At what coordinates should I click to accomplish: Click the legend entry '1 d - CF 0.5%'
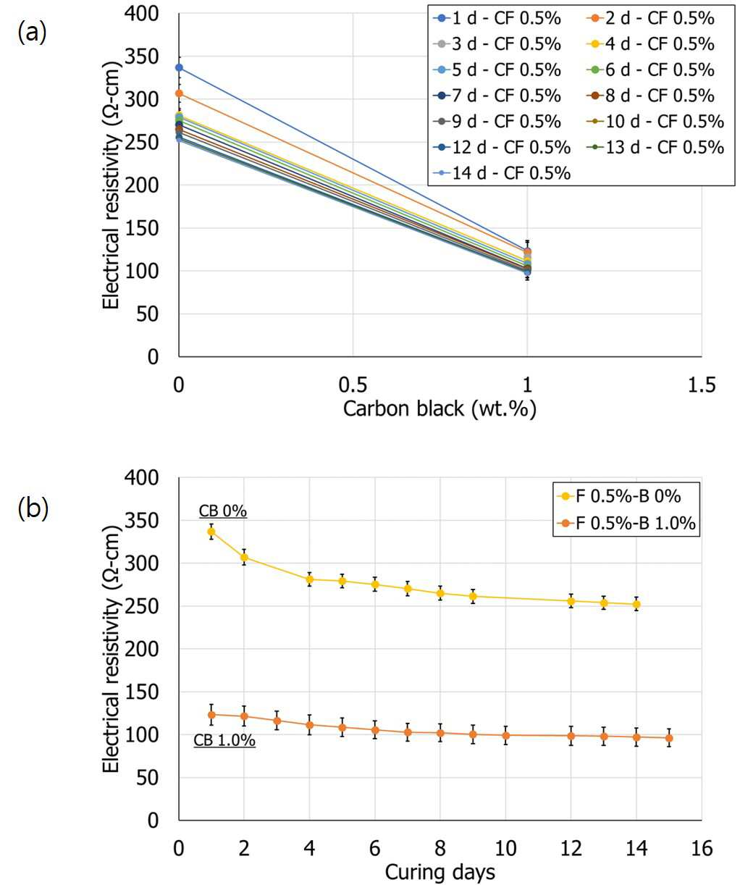497,19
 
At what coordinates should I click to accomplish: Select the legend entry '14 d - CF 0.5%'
502,173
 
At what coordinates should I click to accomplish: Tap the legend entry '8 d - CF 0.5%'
650,96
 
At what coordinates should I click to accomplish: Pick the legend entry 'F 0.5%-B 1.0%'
626,523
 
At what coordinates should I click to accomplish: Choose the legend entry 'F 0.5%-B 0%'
619,496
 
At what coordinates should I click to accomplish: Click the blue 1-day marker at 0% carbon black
179,67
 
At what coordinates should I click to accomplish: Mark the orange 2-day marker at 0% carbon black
179,93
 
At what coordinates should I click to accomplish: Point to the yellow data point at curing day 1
211,532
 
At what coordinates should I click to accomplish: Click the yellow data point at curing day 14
636,604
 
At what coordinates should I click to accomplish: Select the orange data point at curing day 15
669,738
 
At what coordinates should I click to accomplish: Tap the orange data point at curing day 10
505,735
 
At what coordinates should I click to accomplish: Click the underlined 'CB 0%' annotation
223,511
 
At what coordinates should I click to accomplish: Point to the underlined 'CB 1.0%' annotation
224,740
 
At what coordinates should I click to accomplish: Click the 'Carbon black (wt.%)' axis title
440,409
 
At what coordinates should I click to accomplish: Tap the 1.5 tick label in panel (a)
702,385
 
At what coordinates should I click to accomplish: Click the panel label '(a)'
32,33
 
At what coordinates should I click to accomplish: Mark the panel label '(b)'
33,509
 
